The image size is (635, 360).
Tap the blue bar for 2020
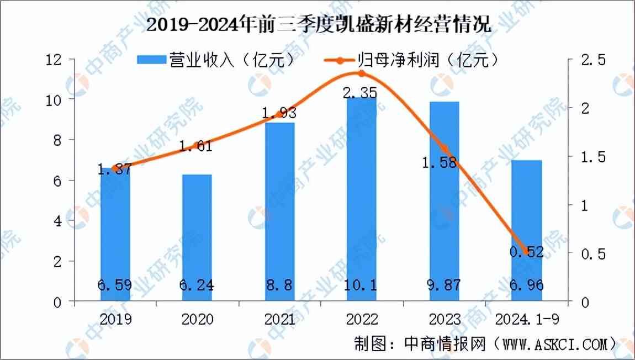tap(197, 237)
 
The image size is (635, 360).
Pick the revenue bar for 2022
tap(362, 199)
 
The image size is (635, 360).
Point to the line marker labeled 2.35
tap(362, 73)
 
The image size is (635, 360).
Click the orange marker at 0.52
tap(525, 252)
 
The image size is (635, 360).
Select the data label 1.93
tap(279, 113)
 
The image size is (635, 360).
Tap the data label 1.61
tap(197, 147)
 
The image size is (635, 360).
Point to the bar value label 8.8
tap(279, 285)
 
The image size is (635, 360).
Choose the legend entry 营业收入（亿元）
tap(215, 60)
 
